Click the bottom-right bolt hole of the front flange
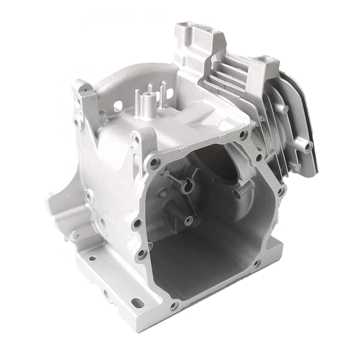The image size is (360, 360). click(x=257, y=263)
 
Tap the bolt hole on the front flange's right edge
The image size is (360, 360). click(x=280, y=192)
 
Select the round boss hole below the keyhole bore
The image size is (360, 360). click(x=189, y=221)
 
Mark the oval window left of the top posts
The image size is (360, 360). click(x=118, y=105)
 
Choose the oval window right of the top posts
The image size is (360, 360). click(x=170, y=93)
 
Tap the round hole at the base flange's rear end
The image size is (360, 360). click(x=93, y=258)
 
